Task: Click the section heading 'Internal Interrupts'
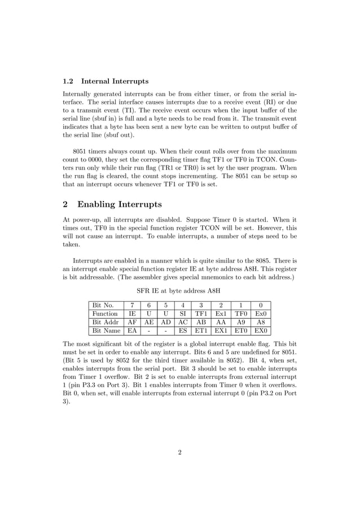click(115, 81)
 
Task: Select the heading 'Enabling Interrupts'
click(119, 204)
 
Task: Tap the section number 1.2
click(68, 81)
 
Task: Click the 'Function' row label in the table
click(104, 313)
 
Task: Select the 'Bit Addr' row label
click(104, 322)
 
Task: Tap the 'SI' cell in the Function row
click(183, 313)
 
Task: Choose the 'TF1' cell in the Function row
click(201, 313)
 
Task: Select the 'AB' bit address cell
click(201, 322)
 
